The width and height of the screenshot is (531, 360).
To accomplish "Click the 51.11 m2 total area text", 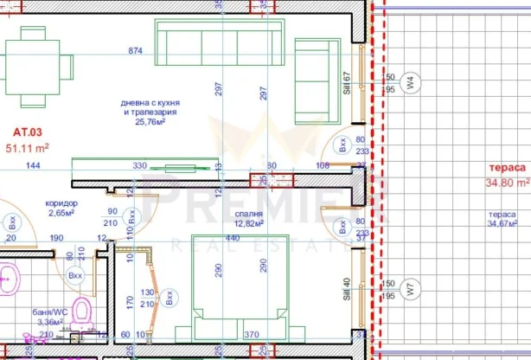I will (28, 148).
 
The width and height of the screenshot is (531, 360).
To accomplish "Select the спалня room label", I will (248, 212).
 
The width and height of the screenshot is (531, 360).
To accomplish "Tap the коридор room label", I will (61, 203).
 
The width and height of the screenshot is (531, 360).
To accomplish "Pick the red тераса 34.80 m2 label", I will (506, 176).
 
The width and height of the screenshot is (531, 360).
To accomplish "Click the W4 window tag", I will (412, 84).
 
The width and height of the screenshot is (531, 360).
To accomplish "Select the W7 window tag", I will (412, 289).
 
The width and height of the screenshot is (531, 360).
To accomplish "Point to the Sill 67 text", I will (346, 85).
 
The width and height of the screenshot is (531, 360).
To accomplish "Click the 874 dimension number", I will (135, 52).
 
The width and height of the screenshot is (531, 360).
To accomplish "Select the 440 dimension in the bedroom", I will (232, 237).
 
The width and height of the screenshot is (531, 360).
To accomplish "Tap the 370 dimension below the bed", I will (251, 335).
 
